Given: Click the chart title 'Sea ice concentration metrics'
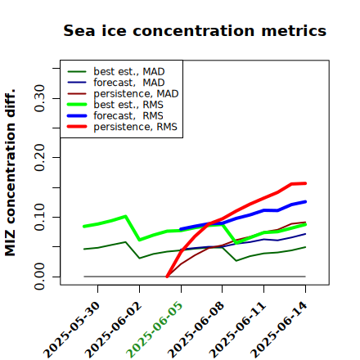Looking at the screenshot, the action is point(195,30).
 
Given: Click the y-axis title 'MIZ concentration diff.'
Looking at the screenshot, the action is point(10,173).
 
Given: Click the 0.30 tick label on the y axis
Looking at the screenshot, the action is point(39,98).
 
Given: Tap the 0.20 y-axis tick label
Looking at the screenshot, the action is point(39,158).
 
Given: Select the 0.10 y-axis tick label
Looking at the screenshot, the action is point(39,217).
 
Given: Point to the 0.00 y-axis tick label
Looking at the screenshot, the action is point(39,277).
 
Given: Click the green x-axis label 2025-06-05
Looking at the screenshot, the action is point(155,330).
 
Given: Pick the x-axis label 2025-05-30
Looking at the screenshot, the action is point(71,330).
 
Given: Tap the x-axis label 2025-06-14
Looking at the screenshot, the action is point(279,330).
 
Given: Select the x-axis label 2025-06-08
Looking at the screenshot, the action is point(196,330).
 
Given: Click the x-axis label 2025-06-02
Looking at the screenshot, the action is point(113,330).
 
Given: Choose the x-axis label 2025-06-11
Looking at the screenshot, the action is point(237,330).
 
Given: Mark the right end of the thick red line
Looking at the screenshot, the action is point(305,183).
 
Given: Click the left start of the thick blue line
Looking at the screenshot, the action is point(181,229).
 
